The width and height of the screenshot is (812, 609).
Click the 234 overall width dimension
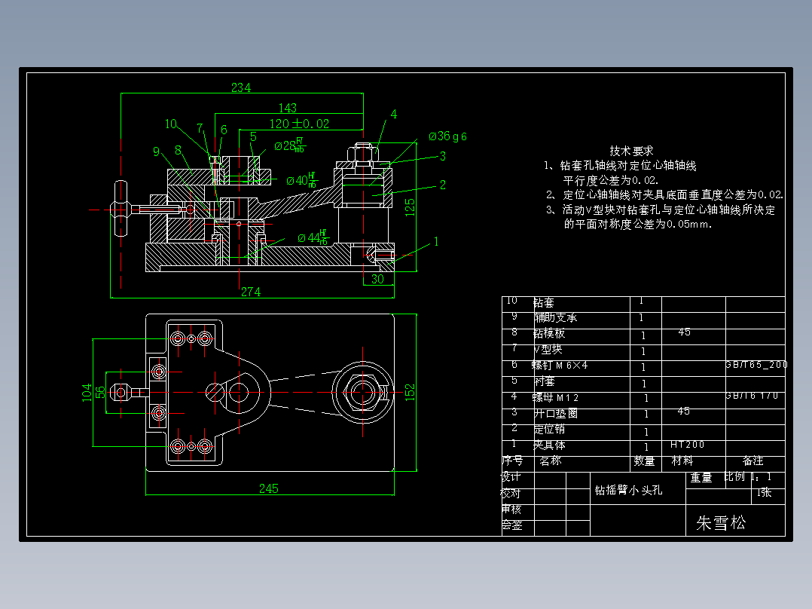(241, 87)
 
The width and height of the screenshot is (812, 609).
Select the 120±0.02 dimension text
(299, 124)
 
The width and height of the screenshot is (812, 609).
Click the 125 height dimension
(410, 207)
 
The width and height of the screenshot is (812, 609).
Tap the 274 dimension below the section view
(251, 292)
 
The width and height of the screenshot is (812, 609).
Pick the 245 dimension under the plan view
(269, 488)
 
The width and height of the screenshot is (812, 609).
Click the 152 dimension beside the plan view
(410, 392)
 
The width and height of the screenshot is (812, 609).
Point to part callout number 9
(157, 151)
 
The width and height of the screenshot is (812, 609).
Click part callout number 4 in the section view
(393, 115)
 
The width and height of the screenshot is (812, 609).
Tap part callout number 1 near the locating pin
(435, 242)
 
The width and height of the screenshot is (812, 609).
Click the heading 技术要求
(631, 151)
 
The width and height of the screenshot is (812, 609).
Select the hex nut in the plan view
(362, 391)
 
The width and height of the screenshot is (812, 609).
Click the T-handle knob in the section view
(120, 209)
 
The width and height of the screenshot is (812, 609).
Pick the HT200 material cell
(687, 445)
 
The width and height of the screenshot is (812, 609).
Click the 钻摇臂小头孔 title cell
(629, 490)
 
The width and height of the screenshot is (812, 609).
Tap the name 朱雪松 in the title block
(721, 523)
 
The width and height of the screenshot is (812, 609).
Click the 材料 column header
(682, 461)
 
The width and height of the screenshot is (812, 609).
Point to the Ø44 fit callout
(312, 238)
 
